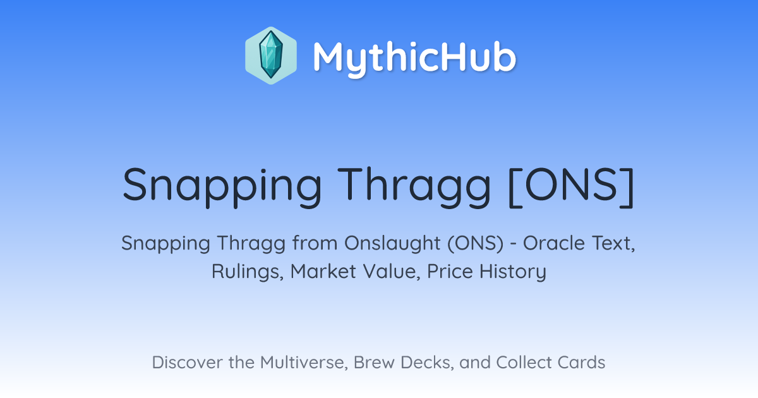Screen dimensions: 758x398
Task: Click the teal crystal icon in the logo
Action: pos(271,56)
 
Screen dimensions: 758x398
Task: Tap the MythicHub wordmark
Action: pos(414,58)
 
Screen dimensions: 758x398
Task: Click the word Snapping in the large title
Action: pos(222,187)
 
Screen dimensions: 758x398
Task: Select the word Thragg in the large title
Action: pos(414,187)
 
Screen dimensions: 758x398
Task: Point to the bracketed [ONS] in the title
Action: pos(571,187)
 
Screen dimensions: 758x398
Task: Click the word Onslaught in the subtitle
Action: pos(392,243)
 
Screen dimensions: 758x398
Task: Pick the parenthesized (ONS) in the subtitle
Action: pos(476,243)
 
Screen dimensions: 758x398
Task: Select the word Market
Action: pos(323,272)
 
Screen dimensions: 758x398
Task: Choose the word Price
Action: pos(450,272)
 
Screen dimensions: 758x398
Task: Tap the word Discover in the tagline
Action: pos(188,363)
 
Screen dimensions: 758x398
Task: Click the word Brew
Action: pos(374,363)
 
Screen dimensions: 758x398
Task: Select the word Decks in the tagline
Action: pos(427,363)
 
